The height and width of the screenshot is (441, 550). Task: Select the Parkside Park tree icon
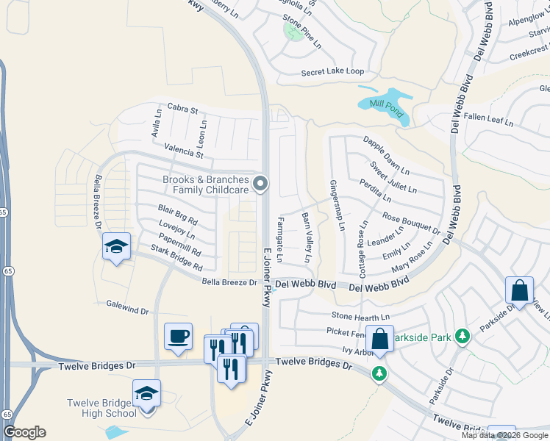(462, 336)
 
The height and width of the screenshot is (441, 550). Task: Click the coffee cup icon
(178, 337)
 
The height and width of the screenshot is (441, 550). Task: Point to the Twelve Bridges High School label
(101, 408)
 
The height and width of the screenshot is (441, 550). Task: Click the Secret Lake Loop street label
(332, 72)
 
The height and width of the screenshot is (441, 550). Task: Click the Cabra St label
(183, 110)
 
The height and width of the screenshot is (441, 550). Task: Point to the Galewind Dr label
(126, 309)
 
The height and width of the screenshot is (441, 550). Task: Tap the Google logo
(24, 431)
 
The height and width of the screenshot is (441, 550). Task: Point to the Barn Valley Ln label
(307, 238)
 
